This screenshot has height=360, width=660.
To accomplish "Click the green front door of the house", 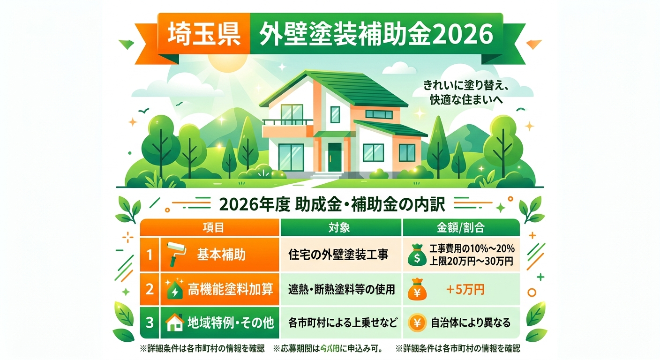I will pos(335,157).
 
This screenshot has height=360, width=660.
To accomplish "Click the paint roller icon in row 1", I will pos(176,255).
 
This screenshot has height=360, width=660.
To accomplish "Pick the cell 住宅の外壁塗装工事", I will pos(341,255).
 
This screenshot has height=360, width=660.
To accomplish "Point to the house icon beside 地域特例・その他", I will pos(174,323).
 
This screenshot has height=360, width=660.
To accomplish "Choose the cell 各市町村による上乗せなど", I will pos(341,323).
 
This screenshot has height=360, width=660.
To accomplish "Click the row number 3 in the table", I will pos(150,323).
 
